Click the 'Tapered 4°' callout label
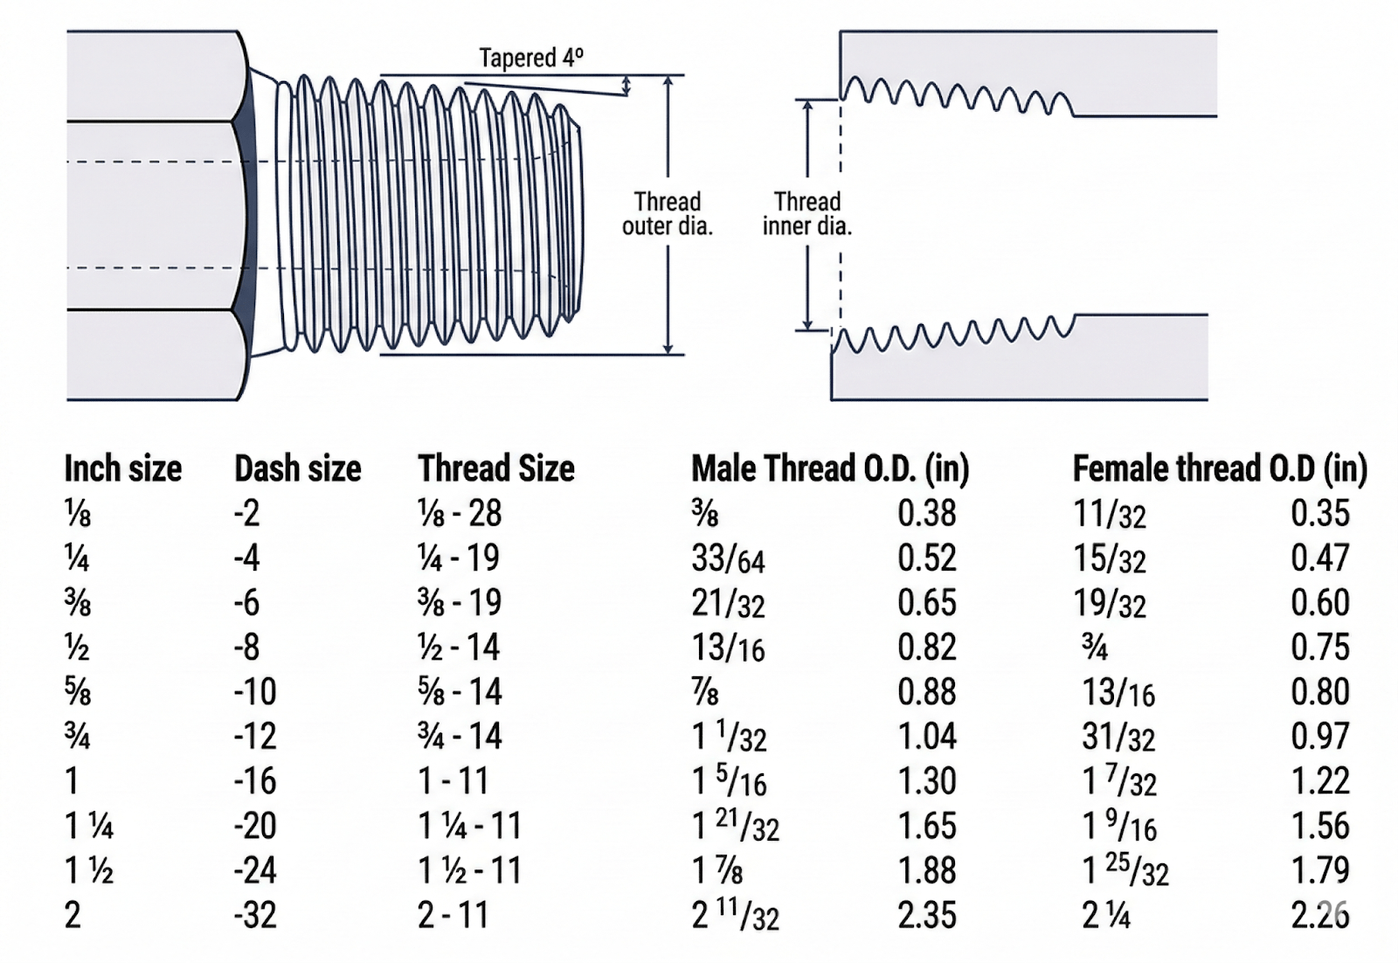(530, 59)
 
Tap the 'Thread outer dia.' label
(668, 214)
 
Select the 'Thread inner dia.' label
(806, 214)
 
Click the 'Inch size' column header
(123, 469)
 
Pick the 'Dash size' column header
(297, 469)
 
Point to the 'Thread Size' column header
(495, 469)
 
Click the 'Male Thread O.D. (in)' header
(830, 469)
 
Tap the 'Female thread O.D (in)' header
(1219, 469)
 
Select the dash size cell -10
(255, 692)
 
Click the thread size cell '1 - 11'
(453, 781)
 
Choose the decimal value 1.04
(927, 737)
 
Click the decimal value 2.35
(927, 915)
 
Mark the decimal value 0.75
(1320, 648)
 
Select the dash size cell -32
(255, 915)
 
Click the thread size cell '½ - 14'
(459, 648)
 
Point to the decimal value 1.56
(1320, 826)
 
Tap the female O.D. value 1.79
(1320, 870)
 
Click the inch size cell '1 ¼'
(89, 826)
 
